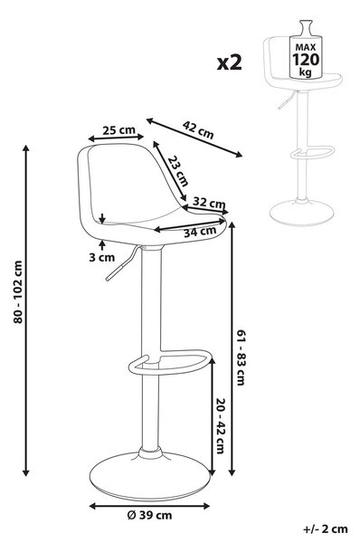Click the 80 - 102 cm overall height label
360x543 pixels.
[x=18, y=292]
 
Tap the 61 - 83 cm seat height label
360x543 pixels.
[x=241, y=357]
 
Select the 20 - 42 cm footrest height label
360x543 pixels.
[x=221, y=426]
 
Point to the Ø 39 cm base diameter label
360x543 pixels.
[x=149, y=515]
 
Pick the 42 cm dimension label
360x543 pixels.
[x=198, y=129]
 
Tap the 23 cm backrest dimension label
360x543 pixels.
[x=178, y=170]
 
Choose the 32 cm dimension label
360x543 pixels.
[x=209, y=202]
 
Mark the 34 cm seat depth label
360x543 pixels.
[x=200, y=232]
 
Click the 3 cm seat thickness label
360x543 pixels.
[x=102, y=257]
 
